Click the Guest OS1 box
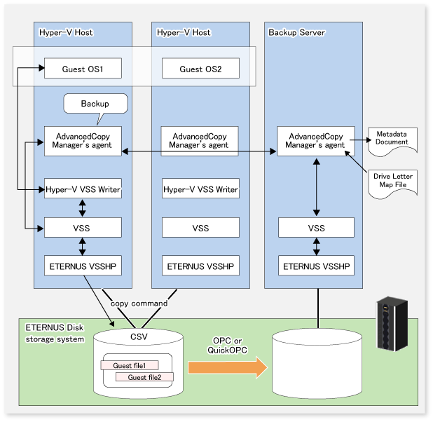click(83, 69)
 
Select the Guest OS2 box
click(200, 69)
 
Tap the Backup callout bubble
click(95, 104)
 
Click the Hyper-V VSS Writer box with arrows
click(83, 189)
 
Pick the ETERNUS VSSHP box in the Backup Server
click(317, 266)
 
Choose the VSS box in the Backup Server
click(317, 228)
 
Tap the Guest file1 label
click(130, 365)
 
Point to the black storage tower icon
click(387, 324)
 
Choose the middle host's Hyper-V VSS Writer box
click(200, 189)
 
